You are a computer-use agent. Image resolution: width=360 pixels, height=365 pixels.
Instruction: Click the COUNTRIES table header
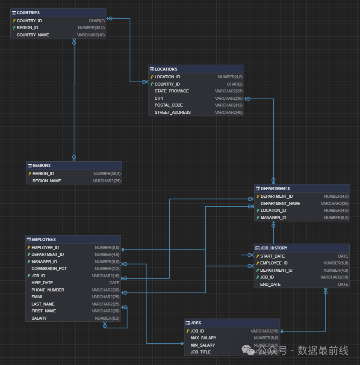point(28,13)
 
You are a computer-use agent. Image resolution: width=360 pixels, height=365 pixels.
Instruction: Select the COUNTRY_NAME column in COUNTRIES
point(33,35)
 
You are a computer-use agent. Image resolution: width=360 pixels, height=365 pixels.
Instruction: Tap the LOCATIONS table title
point(166,69)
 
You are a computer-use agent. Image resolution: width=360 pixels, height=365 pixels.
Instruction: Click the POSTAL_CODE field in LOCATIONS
point(168,105)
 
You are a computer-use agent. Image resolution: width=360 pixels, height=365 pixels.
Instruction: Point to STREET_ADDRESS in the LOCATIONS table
point(172,113)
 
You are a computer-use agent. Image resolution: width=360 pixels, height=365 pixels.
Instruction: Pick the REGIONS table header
point(41,166)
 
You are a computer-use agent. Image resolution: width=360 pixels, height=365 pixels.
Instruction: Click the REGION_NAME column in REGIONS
point(47,181)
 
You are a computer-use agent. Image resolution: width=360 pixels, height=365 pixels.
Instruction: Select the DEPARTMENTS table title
point(275,188)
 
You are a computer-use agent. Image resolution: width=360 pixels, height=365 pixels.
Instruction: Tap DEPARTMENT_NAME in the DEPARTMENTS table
point(280,204)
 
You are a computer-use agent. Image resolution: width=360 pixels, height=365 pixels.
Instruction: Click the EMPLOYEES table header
point(43,240)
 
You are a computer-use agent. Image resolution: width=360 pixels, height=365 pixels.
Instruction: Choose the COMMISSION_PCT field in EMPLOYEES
point(49,269)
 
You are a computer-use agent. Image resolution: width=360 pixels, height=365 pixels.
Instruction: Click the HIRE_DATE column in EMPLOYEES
point(42,283)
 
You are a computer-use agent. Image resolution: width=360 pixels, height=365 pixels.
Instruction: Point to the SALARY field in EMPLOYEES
point(39,318)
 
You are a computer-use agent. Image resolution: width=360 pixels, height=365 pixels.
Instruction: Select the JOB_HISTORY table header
point(274,248)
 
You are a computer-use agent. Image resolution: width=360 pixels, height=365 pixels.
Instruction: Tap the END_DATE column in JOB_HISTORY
point(270,285)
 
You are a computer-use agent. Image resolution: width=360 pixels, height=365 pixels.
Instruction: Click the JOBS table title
point(196,323)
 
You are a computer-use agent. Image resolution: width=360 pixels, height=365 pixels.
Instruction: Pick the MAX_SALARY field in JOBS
point(203,338)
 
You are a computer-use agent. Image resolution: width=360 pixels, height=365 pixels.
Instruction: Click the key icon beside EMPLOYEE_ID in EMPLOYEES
point(29,248)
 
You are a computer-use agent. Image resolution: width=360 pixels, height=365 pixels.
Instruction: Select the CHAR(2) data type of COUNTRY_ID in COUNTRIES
point(97,21)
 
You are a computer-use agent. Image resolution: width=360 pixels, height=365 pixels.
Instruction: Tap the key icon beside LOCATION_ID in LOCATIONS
point(152,77)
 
